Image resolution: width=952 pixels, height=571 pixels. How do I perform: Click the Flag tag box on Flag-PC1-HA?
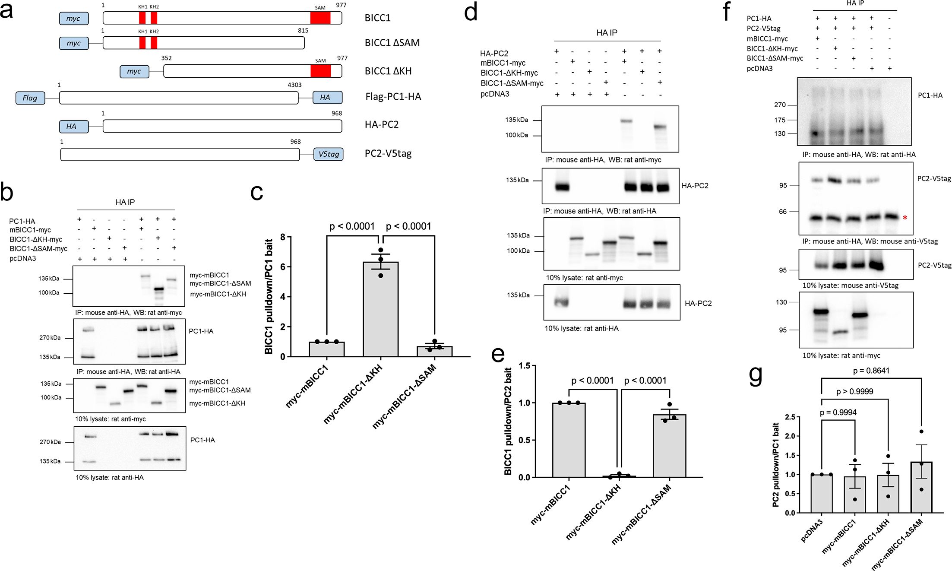pyautogui.click(x=30, y=98)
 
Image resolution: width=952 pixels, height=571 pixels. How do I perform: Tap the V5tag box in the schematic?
pyautogui.click(x=329, y=154)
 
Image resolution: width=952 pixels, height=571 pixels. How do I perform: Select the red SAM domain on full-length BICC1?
pyautogui.click(x=320, y=18)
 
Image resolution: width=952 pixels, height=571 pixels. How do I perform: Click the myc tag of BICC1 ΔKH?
pyautogui.click(x=134, y=71)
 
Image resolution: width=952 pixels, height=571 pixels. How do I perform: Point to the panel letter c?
pyautogui.click(x=256, y=193)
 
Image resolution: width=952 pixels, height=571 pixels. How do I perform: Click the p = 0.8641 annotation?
pyautogui.click(x=871, y=371)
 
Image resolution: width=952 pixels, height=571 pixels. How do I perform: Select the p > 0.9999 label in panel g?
pyautogui.click(x=854, y=392)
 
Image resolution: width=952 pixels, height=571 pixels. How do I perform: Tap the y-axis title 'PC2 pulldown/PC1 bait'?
pyautogui.click(x=776, y=465)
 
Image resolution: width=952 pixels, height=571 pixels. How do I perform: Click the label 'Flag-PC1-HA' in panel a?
pyautogui.click(x=393, y=97)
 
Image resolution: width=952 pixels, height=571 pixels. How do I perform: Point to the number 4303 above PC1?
pyautogui.click(x=294, y=85)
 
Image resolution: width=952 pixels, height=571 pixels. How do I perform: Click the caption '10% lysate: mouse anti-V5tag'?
pyautogui.click(x=850, y=285)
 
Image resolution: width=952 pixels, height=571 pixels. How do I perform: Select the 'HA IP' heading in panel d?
pyautogui.click(x=607, y=33)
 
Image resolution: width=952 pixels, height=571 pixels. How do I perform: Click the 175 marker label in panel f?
pyautogui.click(x=780, y=120)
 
